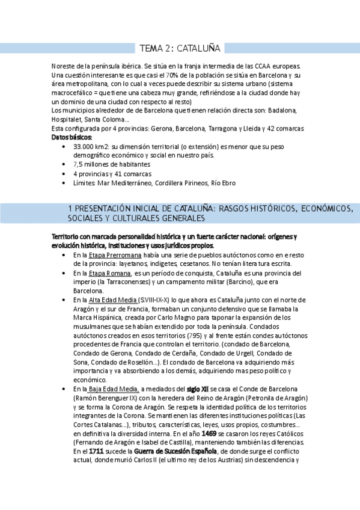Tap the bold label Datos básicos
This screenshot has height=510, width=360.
75,137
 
